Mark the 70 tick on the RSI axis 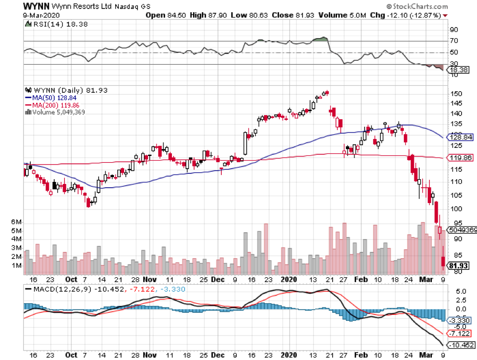(454, 41)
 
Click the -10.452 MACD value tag (461, 345)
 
